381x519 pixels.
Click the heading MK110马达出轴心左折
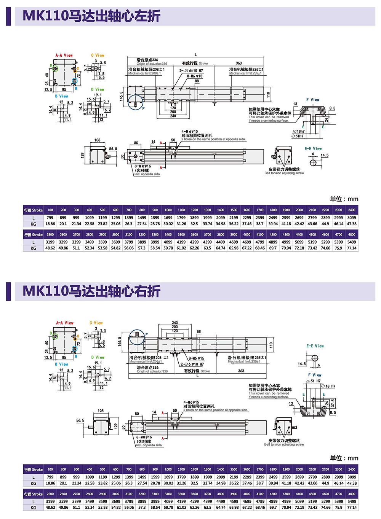pos(91,16)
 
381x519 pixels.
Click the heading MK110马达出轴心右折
pos(91,291)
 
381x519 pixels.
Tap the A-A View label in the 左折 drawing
pos(64,55)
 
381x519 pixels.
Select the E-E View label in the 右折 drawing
pos(315,346)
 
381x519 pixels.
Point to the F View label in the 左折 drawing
pos(313,100)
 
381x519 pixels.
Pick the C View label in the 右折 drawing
pos(96,323)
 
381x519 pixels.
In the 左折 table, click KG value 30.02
pos(168,224)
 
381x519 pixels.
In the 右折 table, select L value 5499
pos(352,501)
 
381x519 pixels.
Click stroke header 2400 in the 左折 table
pos(352,210)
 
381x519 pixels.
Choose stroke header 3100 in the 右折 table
pos(129,494)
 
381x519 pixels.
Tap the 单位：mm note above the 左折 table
pos(344,199)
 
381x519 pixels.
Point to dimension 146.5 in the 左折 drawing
pos(122,96)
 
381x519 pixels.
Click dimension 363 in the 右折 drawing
pos(241,371)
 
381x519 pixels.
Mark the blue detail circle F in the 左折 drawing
pos(135,102)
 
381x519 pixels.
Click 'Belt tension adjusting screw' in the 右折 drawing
pos(284,444)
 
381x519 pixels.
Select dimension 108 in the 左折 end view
pos(98,140)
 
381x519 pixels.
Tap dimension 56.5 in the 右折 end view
pos(80,420)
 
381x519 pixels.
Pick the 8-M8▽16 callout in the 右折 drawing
pos(144,437)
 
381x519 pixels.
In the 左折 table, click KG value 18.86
pos(50,224)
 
